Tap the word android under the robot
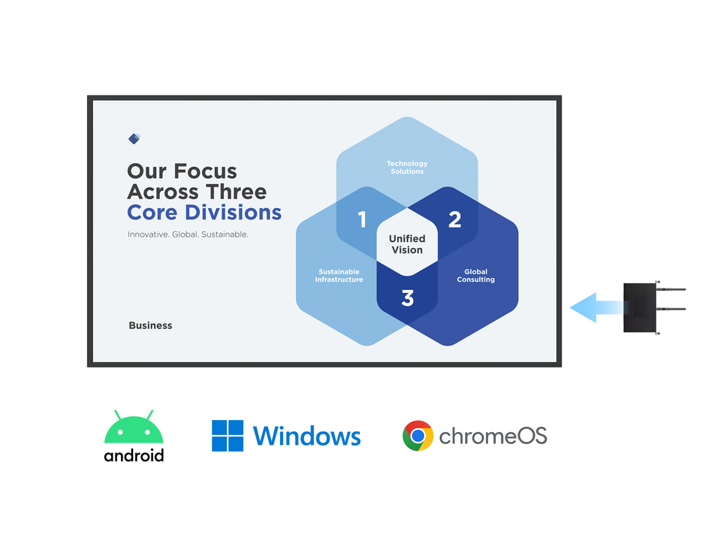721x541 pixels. [x=134, y=455]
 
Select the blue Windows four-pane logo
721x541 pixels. [x=228, y=436]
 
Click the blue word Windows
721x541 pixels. [x=306, y=437]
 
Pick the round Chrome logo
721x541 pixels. [x=418, y=436]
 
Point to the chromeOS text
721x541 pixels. [x=493, y=436]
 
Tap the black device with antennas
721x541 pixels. [x=641, y=307]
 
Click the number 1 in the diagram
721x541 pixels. [x=362, y=219]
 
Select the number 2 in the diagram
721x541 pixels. [x=454, y=219]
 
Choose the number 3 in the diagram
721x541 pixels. [x=407, y=298]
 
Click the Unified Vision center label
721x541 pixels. [x=407, y=244]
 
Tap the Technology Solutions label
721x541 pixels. [x=407, y=168]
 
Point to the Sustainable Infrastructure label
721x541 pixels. [x=339, y=276]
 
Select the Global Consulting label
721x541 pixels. [x=476, y=276]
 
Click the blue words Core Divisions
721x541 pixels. [x=204, y=212]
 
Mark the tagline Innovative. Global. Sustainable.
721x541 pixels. [x=188, y=234]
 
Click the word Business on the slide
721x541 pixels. [x=150, y=325]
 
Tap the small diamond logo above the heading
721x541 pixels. [x=134, y=138]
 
